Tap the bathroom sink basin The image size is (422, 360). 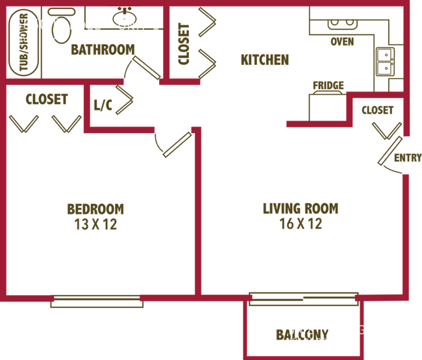click(125, 18)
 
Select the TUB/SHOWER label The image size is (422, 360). click(23, 42)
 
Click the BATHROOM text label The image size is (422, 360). click(103, 49)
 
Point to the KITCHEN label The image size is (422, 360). click(265, 60)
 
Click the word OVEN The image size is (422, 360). click(342, 42)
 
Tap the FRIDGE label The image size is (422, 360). click(329, 85)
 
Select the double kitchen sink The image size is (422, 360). click(386, 62)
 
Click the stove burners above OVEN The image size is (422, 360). click(342, 23)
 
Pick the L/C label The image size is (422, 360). click(103, 105)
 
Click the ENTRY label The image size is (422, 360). click(408, 158)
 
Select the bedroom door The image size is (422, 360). click(177, 145)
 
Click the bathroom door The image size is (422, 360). click(147, 68)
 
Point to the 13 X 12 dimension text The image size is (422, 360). click(95, 224)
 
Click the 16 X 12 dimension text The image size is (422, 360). click(301, 224)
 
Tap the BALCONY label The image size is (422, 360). click(302, 335)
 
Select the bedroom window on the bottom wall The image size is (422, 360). click(97, 302)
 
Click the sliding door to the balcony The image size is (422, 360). click(304, 299)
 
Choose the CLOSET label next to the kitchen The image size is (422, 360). click(184, 44)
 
